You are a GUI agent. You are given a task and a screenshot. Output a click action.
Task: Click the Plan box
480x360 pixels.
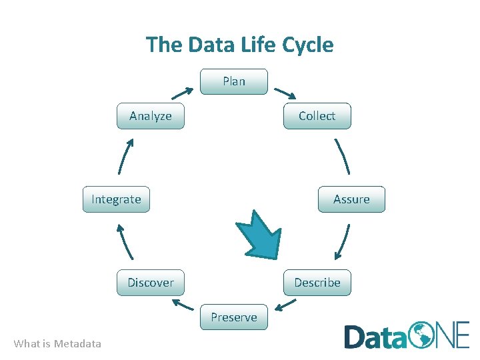pyautogui.click(x=234, y=81)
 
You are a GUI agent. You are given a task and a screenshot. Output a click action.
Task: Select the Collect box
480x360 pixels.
pyautogui.click(x=317, y=116)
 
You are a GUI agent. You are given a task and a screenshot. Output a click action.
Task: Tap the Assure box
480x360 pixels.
pyautogui.click(x=351, y=199)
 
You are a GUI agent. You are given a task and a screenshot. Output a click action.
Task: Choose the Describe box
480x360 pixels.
pyautogui.click(x=317, y=283)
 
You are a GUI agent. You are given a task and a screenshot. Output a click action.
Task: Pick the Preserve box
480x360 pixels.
pyautogui.click(x=234, y=317)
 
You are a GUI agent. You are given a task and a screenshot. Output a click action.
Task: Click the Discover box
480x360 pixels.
pyautogui.click(x=151, y=283)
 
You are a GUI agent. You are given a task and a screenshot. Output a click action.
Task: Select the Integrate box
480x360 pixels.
pyautogui.click(x=116, y=199)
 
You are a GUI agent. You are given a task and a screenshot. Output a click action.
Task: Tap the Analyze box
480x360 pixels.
pyautogui.click(x=151, y=116)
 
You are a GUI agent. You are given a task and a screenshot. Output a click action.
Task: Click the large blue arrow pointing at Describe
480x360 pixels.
pyautogui.click(x=261, y=235)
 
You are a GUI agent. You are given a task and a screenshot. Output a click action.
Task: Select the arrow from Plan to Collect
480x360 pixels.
pyautogui.click(x=285, y=93)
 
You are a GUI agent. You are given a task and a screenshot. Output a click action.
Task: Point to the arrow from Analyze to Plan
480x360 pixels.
pyautogui.click(x=182, y=93)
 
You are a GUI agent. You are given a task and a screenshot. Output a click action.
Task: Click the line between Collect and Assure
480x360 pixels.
pyautogui.click(x=342, y=157)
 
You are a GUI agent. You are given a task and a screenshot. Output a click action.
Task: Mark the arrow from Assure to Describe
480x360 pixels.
pyautogui.click(x=343, y=241)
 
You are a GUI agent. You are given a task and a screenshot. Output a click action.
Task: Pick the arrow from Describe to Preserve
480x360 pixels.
pyautogui.click(x=286, y=305)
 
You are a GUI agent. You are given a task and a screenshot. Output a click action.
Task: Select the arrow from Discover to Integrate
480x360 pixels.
pyautogui.click(x=125, y=241)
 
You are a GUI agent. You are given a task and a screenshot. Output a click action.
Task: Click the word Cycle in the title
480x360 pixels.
pyautogui.click(x=307, y=45)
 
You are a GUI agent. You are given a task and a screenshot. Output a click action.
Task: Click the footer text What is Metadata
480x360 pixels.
pyautogui.click(x=57, y=344)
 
